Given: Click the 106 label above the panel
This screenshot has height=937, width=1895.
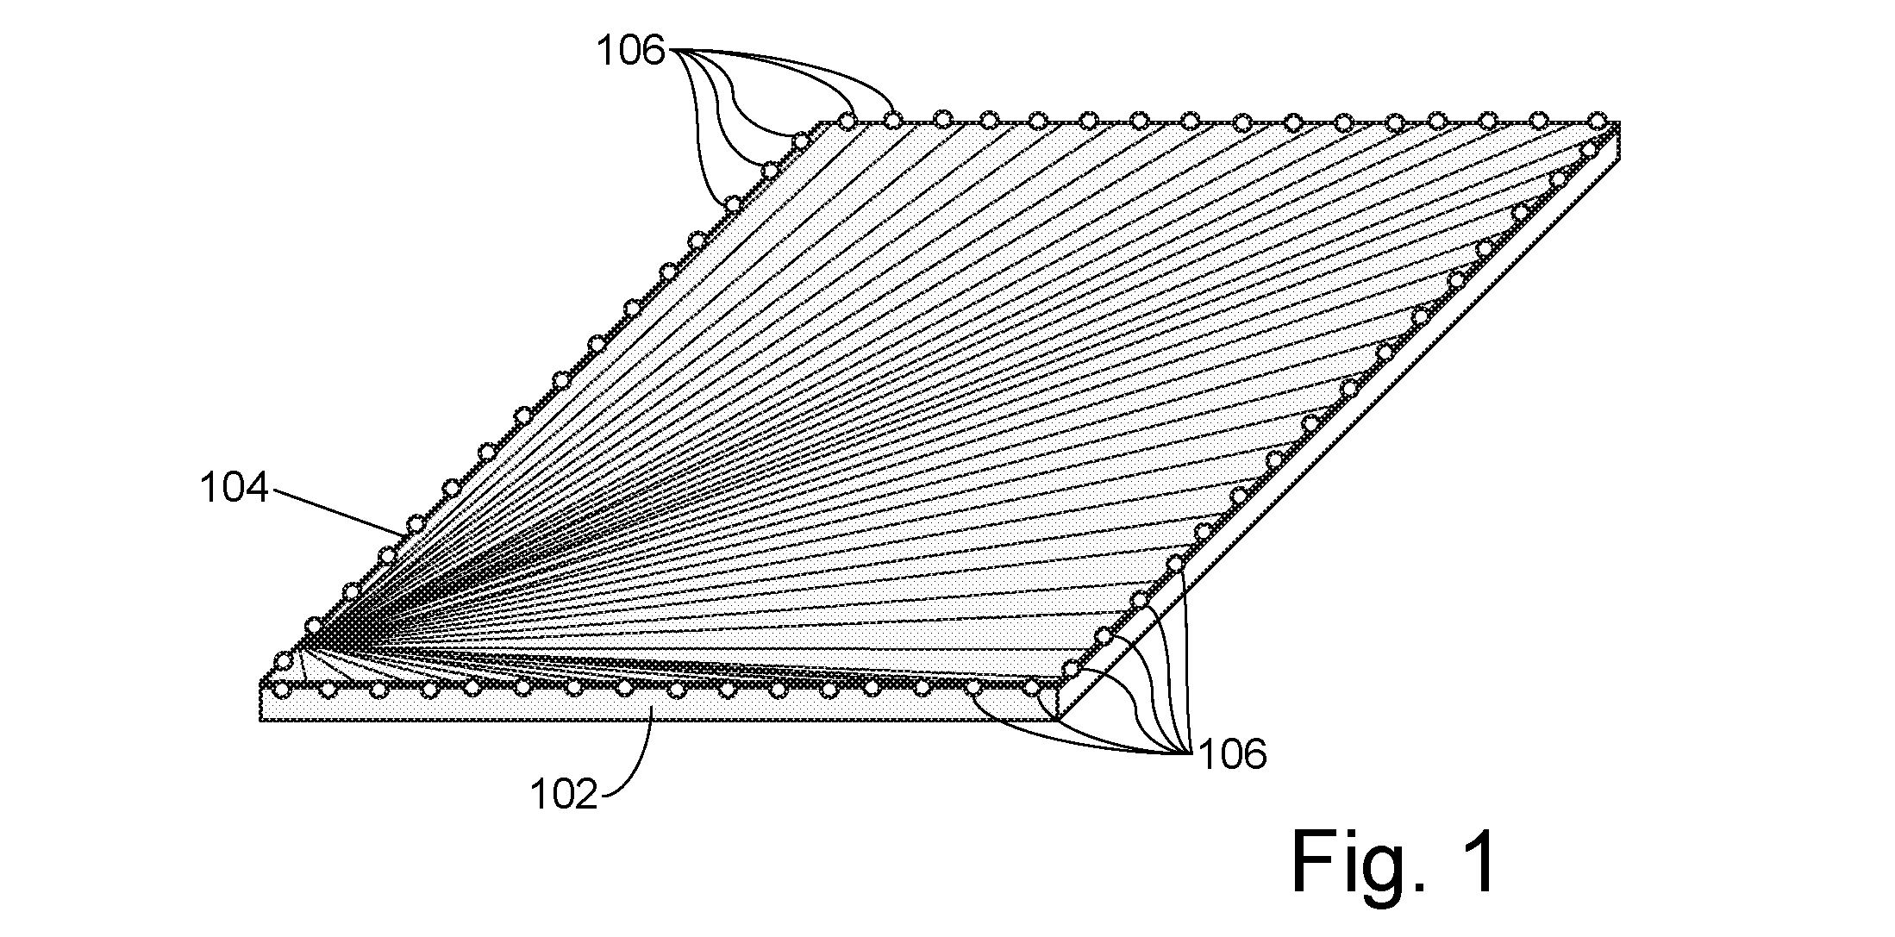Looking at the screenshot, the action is coord(632,53).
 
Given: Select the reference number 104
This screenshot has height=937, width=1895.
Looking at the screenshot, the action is coord(235,490).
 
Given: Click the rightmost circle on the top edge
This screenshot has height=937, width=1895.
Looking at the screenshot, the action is coord(1597,120).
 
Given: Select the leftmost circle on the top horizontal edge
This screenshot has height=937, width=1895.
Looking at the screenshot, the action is coord(847,121).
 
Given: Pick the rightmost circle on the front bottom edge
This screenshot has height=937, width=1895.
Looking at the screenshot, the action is coord(1031,688).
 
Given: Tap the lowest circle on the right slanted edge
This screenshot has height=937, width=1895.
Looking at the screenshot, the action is coord(1071,669).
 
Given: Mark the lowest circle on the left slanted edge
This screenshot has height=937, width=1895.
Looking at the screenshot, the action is coord(282,661).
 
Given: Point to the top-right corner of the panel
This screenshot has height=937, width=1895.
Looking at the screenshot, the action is coord(1620,122).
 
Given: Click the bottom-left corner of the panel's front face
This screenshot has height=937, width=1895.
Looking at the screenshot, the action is coord(260,719).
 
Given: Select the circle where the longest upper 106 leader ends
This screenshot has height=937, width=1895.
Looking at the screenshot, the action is coord(893,121).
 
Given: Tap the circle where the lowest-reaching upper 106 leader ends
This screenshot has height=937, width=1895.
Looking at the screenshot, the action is coord(732,204).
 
